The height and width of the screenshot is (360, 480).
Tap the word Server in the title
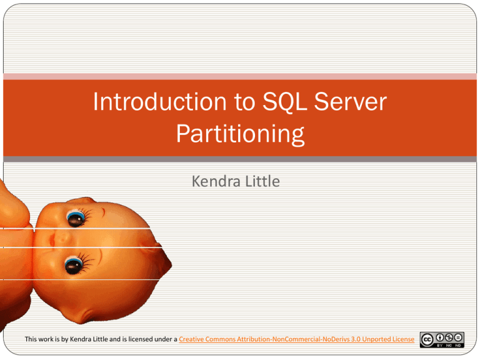click(x=343, y=104)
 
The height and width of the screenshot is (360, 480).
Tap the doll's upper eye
click(x=77, y=218)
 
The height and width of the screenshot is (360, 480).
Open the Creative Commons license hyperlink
click(x=296, y=339)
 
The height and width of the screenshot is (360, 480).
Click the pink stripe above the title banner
click(x=240, y=77)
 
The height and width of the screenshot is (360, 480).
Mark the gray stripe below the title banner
click(x=240, y=159)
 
